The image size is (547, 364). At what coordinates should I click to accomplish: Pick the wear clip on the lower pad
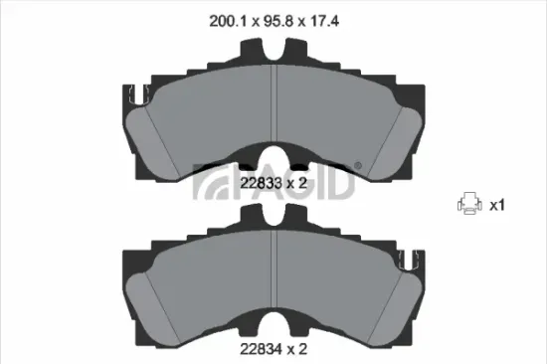(x=409, y=261)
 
